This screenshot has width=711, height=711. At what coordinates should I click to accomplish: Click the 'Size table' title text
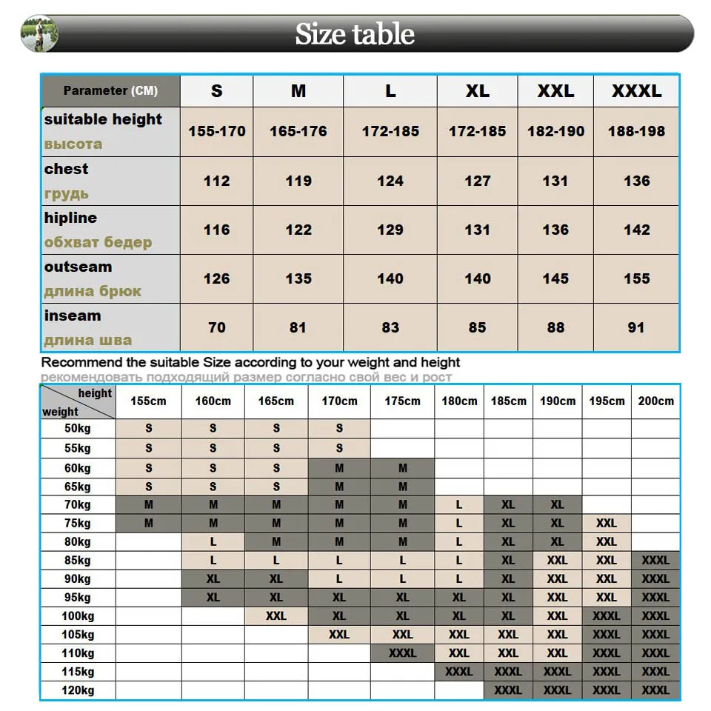pos(355,34)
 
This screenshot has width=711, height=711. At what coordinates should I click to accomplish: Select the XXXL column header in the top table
pos(636,91)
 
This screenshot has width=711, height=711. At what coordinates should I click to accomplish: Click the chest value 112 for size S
pos(216,181)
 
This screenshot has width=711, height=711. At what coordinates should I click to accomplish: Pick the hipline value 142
pos(636,230)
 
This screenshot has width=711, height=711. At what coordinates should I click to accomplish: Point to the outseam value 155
pos(636,278)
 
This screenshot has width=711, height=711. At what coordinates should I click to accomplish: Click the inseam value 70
pos(216,327)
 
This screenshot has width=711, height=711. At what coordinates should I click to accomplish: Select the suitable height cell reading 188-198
pos(636,131)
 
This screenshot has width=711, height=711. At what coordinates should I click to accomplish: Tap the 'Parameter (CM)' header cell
pos(110,91)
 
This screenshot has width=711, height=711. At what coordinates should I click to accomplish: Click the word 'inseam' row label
pos(73,316)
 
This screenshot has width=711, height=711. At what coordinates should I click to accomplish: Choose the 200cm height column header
pos(655,401)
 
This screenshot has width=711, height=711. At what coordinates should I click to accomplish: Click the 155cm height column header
pos(149,401)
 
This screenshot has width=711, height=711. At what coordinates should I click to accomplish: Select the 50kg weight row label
pos(77,429)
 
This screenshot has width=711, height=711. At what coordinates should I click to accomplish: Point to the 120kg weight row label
pos(77,690)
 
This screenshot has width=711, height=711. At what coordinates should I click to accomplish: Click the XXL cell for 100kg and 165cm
pos(276,615)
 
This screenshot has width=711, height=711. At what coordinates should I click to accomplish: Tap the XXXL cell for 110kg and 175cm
pos(402,653)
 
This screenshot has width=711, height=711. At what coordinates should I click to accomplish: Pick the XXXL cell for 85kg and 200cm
pos(655,560)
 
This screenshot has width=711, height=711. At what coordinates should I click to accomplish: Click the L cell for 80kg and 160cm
pos(213,541)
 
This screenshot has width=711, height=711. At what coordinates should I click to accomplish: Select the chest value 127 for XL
pos(478,181)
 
